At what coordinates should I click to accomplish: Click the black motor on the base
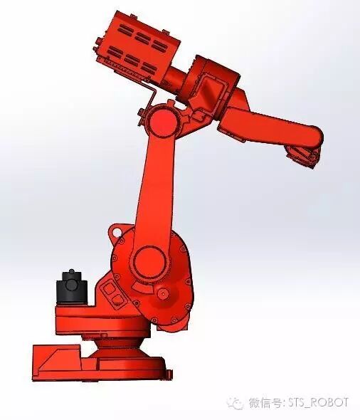pos(71,288)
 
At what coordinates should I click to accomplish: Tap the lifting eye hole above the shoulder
pos(116,231)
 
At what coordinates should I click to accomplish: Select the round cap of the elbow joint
pos(161,122)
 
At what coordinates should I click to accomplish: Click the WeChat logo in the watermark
pos(235,404)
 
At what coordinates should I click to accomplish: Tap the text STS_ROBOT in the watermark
pos(319,403)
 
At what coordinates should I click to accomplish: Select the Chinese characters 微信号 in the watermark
pos(265,403)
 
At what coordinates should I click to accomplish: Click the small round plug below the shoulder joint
pos(162,293)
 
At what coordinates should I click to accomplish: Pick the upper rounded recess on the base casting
pos(109,289)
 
